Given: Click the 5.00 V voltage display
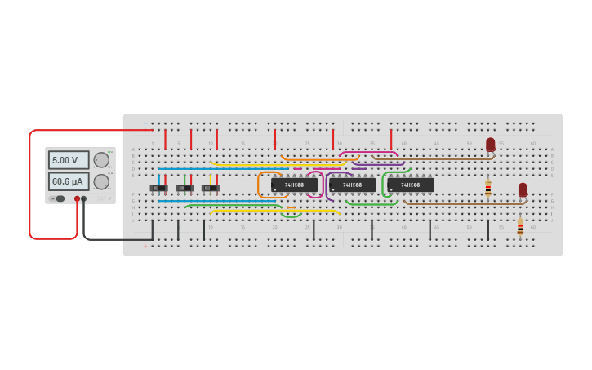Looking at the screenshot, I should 69,160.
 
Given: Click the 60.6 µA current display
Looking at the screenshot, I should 69,181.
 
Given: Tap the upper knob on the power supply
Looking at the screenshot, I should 101,160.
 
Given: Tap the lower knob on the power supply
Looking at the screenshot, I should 101,181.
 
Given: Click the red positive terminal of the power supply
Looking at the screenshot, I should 77,198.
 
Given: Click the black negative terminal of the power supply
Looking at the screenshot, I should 83,198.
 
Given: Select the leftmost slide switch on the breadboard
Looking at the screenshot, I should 158,188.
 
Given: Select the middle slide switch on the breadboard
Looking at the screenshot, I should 185,188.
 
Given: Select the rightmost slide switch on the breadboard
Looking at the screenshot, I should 211,188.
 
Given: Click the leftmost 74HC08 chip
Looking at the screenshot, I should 294,185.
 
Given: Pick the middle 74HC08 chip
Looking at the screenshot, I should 352,185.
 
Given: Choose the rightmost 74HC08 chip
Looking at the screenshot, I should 410,185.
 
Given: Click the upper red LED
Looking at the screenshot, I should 490,145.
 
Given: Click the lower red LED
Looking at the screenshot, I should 523,189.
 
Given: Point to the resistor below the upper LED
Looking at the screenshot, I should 488,189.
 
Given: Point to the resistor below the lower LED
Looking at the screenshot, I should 520,227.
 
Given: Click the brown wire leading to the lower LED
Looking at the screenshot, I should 465,203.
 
